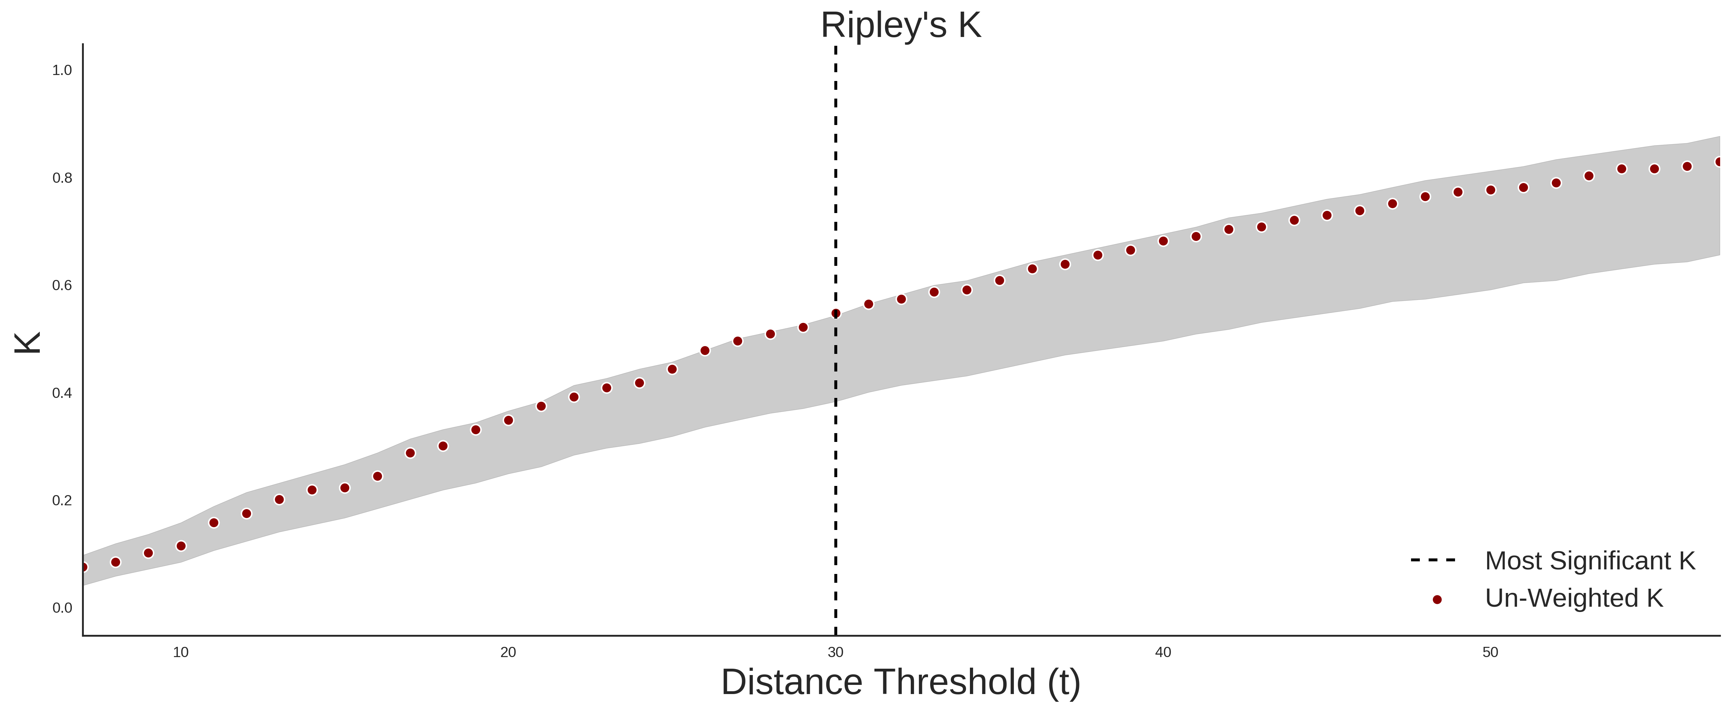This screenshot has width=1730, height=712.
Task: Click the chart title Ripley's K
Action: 901,25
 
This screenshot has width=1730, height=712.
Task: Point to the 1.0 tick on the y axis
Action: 62,70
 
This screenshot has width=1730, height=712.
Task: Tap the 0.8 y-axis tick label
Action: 62,178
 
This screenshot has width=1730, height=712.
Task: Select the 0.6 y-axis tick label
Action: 62,286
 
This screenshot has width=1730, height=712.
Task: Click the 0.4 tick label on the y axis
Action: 62,393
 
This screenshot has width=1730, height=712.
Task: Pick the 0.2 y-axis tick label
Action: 62,500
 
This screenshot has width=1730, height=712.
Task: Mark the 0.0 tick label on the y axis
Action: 62,608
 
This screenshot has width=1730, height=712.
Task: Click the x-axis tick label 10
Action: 181,652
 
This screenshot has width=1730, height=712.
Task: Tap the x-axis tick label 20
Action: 508,652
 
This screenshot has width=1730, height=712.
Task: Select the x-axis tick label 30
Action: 835,652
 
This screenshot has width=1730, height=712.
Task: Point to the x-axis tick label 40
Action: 1163,652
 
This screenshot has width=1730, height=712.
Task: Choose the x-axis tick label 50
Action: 1490,652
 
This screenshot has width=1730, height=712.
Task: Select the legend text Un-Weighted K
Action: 1574,598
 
